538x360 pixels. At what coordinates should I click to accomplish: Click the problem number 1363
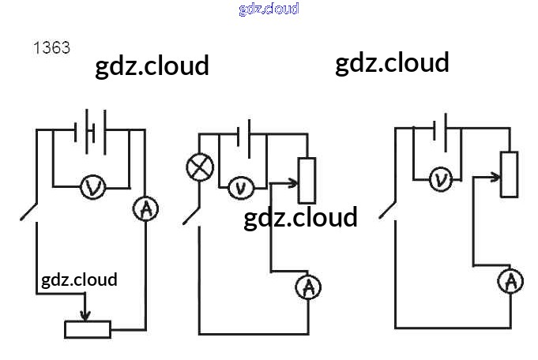(51, 47)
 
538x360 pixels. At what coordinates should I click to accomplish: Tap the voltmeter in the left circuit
(93, 187)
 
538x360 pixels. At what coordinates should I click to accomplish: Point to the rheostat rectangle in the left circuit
(88, 329)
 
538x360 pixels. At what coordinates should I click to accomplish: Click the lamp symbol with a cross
(198, 167)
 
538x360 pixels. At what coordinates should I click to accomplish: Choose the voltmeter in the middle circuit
(240, 188)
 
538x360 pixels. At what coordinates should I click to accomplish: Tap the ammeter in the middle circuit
(308, 287)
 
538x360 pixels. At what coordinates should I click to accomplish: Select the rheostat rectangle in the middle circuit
(307, 180)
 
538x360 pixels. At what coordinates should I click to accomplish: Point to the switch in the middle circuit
(191, 215)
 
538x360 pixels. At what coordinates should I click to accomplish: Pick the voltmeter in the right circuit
(441, 179)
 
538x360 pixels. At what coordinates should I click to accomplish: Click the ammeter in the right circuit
(510, 280)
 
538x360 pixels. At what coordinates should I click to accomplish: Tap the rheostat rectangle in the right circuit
(510, 174)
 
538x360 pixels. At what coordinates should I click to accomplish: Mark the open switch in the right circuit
(387, 208)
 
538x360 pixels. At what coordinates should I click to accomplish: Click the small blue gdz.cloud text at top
(269, 9)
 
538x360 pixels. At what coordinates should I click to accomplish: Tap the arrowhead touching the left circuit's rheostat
(85, 315)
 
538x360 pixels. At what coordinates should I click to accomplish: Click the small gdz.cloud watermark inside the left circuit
(79, 279)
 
